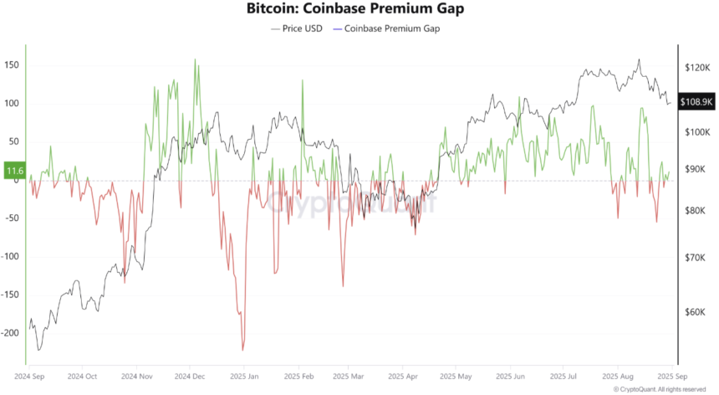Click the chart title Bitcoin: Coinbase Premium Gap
(358, 9)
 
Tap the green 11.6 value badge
(14, 171)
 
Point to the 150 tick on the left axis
(13, 65)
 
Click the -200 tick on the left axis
(11, 332)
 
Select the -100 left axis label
(11, 256)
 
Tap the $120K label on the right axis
(696, 66)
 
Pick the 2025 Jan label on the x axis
(244, 377)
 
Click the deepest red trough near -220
(242, 350)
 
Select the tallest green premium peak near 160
(195, 59)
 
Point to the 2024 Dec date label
(191, 377)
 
